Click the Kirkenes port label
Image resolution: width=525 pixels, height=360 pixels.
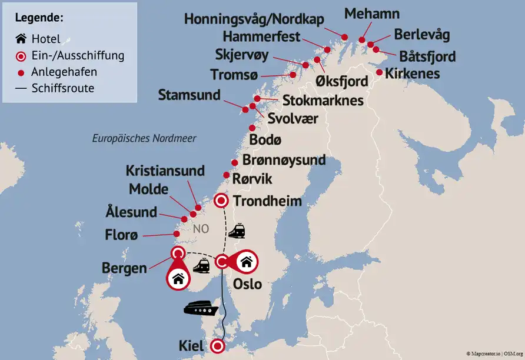[412, 74]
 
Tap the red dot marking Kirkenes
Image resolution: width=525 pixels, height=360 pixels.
[380, 73]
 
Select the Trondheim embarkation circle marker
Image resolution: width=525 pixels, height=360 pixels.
[221, 201]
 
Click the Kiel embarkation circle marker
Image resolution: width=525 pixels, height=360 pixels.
[218, 346]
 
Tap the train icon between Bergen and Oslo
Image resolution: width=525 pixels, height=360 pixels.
[201, 266]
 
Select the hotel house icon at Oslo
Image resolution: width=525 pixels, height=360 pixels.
[246, 261]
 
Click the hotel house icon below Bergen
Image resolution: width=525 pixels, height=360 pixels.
[179, 279]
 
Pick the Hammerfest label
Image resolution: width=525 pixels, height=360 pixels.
[261, 37]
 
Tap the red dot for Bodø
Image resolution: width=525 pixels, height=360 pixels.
[252, 128]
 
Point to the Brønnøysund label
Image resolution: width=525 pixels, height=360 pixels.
[284, 160]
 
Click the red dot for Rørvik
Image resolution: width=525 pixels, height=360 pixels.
[227, 175]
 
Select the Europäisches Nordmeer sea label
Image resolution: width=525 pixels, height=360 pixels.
[144, 139]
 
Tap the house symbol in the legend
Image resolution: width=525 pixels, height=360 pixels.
[21, 39]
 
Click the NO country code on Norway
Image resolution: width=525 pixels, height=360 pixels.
[201, 229]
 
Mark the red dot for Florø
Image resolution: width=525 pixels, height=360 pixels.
[176, 234]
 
